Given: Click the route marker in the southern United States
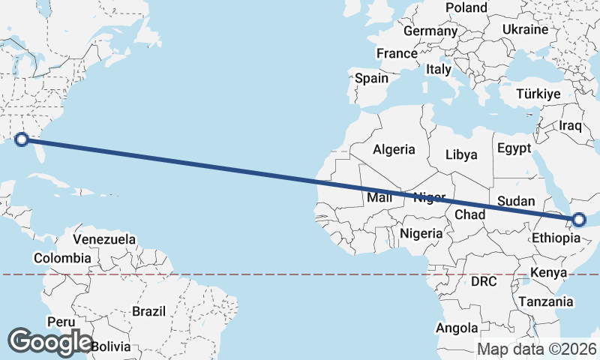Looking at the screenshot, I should click(x=22, y=139).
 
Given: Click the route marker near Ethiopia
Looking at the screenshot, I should click(x=579, y=220).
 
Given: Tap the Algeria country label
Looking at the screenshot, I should click(x=394, y=148).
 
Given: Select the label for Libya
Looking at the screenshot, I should click(x=461, y=155).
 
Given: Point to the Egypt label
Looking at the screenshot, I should click(x=514, y=148).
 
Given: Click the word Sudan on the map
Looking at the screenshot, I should click(x=516, y=201).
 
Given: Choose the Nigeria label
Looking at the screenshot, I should click(x=421, y=233).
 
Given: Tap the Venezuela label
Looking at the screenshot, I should click(x=104, y=240).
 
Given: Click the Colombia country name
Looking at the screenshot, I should click(x=63, y=258).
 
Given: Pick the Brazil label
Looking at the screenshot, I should click(x=148, y=310).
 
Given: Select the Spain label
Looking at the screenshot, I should click(x=371, y=78).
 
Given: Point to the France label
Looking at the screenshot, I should click(x=397, y=54).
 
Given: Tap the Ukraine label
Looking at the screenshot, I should click(x=525, y=30).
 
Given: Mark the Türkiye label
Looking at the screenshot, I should click(x=538, y=94).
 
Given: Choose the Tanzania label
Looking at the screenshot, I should click(x=545, y=301).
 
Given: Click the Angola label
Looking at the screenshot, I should click(x=457, y=328).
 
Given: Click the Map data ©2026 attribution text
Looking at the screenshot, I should click(x=537, y=349).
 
